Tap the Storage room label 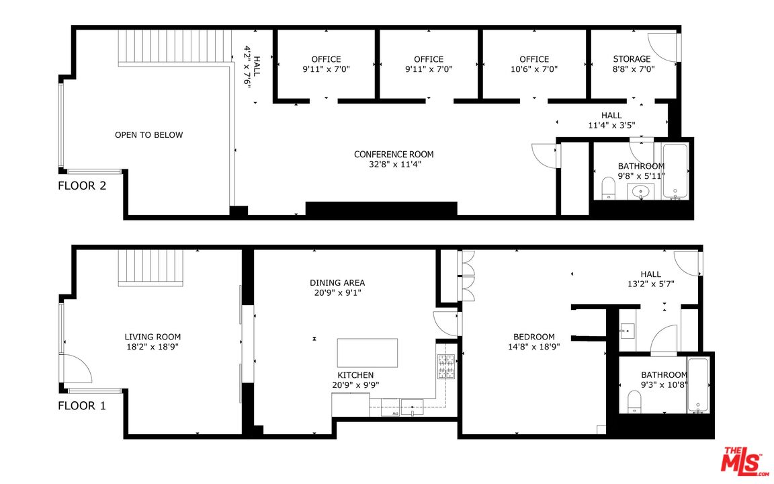(632, 59)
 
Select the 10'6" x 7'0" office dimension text (534, 69)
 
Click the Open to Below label (148, 135)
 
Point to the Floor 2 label (82, 186)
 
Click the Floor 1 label (82, 405)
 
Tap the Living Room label (153, 337)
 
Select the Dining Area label (337, 283)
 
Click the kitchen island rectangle (367, 352)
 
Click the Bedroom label (534, 337)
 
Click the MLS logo (743, 462)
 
